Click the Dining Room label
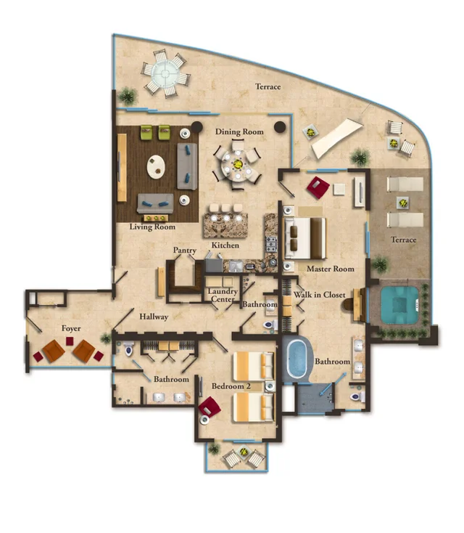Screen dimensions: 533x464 239,132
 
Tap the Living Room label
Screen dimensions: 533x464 153,227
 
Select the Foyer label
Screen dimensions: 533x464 71,329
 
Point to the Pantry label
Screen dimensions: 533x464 185,251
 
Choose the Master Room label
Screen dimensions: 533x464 330,269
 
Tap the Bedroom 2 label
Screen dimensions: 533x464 231,386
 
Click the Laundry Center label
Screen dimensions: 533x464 223,296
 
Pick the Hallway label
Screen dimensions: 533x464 154,317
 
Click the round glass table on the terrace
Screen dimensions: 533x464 165,71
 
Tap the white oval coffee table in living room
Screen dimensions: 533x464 157,167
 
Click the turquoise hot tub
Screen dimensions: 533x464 394,304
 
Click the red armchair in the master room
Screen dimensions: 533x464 318,187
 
